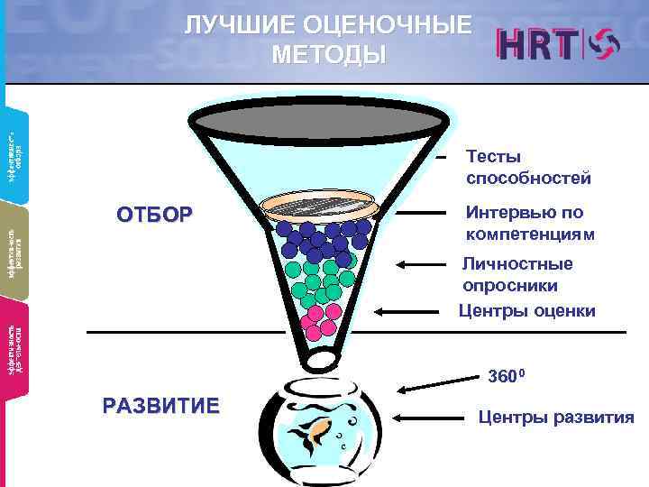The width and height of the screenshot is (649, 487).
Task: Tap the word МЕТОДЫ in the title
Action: click(x=327, y=55)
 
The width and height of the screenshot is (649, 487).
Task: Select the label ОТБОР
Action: click(x=154, y=215)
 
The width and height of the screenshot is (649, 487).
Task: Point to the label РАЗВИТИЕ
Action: click(x=160, y=405)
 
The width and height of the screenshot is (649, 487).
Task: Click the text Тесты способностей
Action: click(x=528, y=168)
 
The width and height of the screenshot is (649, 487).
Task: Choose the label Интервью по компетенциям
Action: click(x=530, y=224)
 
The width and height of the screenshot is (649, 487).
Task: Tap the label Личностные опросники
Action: click(x=516, y=274)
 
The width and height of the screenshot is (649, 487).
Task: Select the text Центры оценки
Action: click(x=526, y=312)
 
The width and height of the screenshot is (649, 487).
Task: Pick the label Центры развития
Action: click(x=555, y=418)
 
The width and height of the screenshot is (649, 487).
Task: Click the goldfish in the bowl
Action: click(x=319, y=433)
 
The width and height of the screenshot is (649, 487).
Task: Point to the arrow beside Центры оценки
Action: click(x=411, y=311)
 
